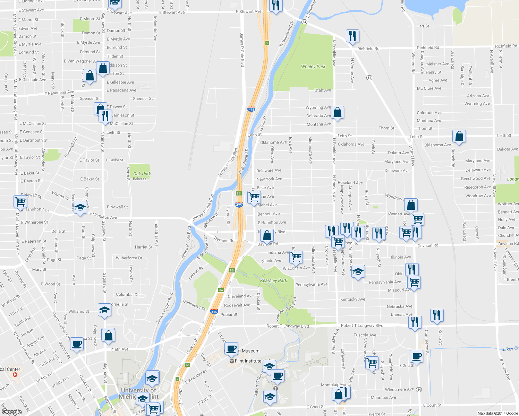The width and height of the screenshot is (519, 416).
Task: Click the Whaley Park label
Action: pyautogui.click(x=313, y=67)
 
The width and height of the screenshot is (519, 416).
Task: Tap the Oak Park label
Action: pyautogui.click(x=142, y=174)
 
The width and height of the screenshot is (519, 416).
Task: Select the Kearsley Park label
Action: pyautogui.click(x=273, y=280)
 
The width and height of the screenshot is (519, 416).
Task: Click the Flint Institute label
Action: pyautogui.click(x=248, y=361)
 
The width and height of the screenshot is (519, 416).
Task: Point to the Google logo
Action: pyautogui.click(x=11, y=411)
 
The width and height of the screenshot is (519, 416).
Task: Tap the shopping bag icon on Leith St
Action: pyautogui.click(x=459, y=136)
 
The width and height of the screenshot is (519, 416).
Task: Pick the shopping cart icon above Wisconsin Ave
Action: pyautogui.click(x=296, y=257)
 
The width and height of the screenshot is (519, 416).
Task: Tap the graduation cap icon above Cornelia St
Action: pyautogui.click(x=104, y=310)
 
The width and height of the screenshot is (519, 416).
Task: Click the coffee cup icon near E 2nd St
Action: pyautogui.click(x=416, y=356)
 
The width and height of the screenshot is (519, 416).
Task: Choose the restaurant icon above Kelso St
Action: pyautogui.click(x=437, y=315)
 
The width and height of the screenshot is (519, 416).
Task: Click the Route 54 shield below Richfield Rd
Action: pyautogui.click(x=369, y=78)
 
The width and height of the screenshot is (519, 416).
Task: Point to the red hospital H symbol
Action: pyautogui.click(x=15, y=375)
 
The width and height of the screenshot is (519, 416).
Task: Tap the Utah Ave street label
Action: pyautogui.click(x=323, y=90)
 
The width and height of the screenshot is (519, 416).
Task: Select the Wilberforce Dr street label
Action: pyautogui.click(x=129, y=258)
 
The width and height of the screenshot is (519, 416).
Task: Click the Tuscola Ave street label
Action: pyautogui.click(x=365, y=335)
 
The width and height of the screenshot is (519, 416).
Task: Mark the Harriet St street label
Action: pyautogui.click(x=143, y=247)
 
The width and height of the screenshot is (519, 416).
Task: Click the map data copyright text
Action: pyautogui.click(x=497, y=413)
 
